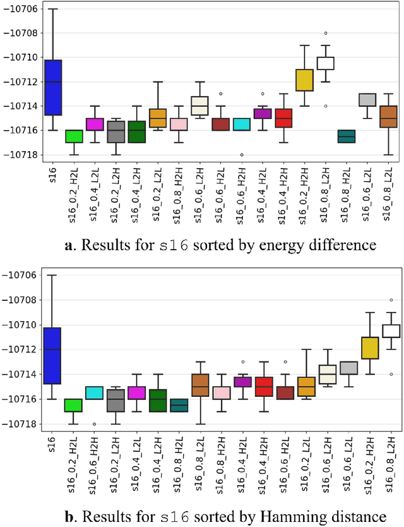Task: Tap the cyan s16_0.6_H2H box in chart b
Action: pos(95,393)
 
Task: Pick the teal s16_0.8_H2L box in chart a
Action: pos(346,136)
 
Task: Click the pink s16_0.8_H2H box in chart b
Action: pos(221,393)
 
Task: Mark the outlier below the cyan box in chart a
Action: pos(241,154)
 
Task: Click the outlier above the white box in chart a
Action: pos(325,33)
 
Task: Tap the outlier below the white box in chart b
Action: pos(390,374)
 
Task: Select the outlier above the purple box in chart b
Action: pos(242,362)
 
